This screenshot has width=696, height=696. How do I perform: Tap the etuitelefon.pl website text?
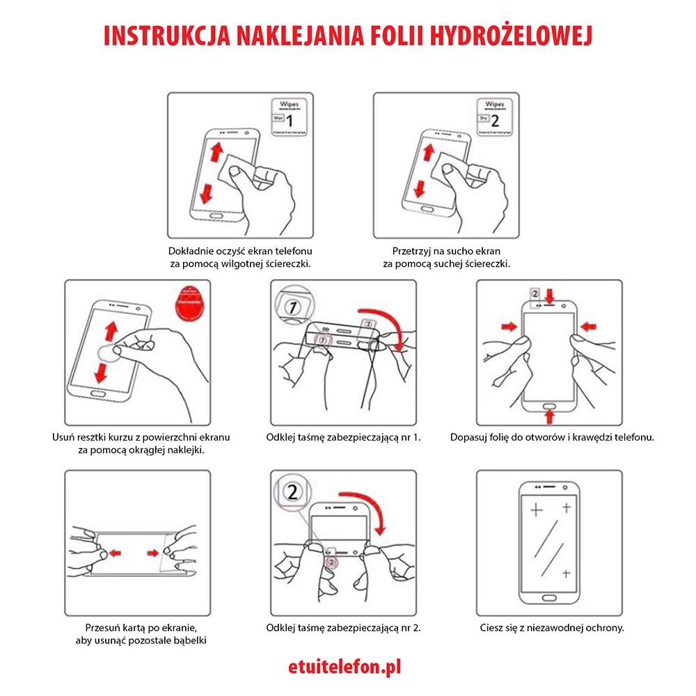345,667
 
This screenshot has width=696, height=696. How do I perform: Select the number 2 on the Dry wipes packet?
495,120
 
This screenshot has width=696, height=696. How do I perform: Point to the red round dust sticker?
189,301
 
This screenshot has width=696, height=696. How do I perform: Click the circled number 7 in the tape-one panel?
292,307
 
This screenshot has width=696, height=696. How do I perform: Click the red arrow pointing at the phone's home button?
550,416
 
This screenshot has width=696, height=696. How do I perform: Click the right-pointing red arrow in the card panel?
154,553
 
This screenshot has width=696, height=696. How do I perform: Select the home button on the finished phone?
550,599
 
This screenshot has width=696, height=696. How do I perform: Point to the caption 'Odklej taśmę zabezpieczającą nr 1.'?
344,437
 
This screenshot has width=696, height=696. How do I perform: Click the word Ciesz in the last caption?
492,627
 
